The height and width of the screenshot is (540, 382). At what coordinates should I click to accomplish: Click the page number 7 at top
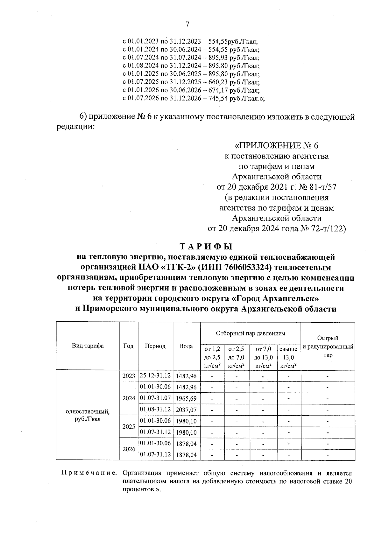187,25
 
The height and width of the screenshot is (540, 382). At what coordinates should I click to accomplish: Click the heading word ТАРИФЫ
206,247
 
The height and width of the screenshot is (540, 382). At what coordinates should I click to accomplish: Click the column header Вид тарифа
88,346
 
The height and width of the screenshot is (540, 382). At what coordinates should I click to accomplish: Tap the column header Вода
186,346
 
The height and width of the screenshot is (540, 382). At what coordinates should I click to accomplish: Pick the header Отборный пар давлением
251,333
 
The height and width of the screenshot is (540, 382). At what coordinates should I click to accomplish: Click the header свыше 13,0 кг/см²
289,357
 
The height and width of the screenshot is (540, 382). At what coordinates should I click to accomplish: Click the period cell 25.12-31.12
155,375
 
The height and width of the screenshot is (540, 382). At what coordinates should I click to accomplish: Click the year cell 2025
129,427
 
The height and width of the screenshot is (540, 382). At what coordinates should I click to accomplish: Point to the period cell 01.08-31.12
155,409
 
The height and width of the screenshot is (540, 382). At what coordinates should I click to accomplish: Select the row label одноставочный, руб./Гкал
88,415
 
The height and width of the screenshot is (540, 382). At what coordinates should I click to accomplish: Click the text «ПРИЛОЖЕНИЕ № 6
276,146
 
